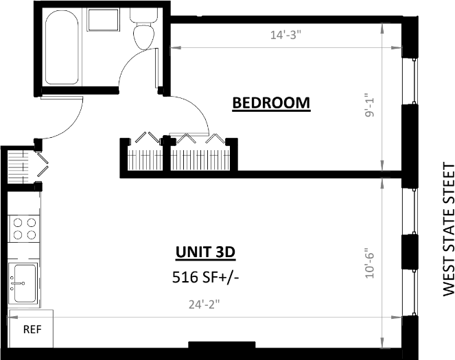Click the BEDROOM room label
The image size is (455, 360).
(271, 103)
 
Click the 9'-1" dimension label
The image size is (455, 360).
(371, 106)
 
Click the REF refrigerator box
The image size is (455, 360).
(32, 329)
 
